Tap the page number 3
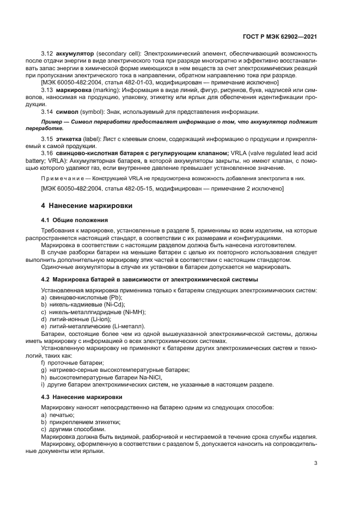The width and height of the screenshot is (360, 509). (x=315, y=463)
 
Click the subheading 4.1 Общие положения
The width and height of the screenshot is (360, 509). (x=75, y=220)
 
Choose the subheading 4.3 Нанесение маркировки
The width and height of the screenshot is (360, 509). (x=82, y=397)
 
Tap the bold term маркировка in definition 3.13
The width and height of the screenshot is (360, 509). (x=76, y=89)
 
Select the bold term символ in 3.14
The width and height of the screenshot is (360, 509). (x=68, y=111)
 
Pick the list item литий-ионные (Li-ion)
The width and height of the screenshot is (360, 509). (x=76, y=319)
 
